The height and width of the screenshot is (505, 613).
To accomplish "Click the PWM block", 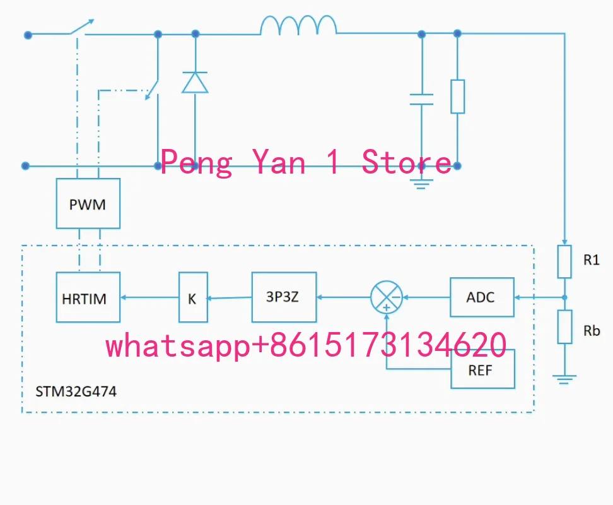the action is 88,203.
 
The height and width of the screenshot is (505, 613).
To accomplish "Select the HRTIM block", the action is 88,297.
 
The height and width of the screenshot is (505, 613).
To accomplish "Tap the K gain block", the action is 193,297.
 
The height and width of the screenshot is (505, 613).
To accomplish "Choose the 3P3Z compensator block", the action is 284,297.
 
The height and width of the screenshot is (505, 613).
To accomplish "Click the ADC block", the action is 482,297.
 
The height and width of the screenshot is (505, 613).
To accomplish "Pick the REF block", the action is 483,369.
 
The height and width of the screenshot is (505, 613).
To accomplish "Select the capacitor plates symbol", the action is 421,99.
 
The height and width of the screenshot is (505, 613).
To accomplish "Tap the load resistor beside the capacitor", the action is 458,97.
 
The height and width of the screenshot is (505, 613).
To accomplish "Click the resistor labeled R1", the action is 564,262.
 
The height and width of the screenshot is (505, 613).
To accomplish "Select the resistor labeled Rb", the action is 564,327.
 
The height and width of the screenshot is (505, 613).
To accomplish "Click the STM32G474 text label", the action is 76,391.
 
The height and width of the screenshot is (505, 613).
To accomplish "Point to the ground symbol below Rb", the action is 564,379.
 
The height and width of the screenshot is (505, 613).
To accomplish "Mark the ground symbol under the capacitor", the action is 421,184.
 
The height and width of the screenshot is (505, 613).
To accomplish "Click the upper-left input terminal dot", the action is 28,35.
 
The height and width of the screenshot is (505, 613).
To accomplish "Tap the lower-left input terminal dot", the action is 25,166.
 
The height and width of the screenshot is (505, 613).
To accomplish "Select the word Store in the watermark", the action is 407,162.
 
